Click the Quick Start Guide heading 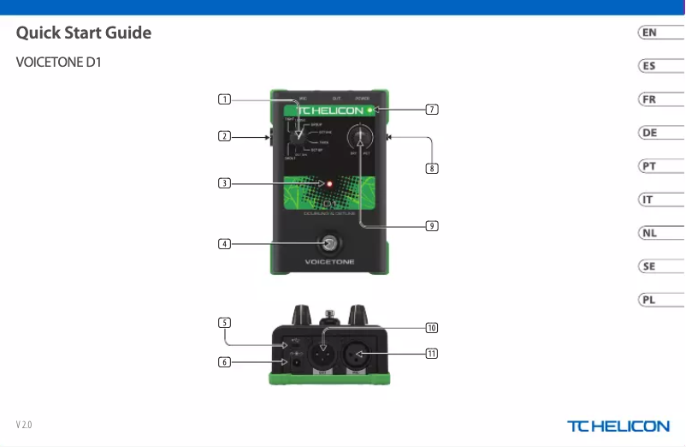pos(84,33)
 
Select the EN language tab pos(650,33)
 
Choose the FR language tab pos(650,99)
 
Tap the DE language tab pos(650,133)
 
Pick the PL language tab pos(650,300)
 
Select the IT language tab pos(650,200)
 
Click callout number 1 pos(223,99)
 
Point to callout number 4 pos(223,243)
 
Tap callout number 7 pos(432,110)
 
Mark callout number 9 pos(432,226)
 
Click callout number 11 pos(432,353)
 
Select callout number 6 pos(223,361)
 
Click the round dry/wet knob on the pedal pos(360,137)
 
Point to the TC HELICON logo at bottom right pos(618,426)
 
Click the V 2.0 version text pos(24,426)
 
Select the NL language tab pos(650,233)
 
